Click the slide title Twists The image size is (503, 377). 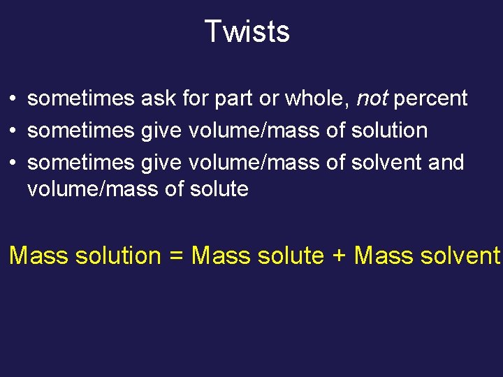click(247, 31)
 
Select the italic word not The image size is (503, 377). click(372, 99)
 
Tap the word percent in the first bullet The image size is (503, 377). click(430, 99)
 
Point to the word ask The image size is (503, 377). click(159, 99)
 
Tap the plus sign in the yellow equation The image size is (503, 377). click(339, 256)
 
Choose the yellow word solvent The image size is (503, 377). click(462, 256)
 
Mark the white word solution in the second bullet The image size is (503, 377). click(393, 131)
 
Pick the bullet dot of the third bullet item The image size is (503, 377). click(13, 163)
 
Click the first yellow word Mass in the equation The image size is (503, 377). click(39, 256)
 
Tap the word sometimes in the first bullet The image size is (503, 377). click(81, 99)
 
